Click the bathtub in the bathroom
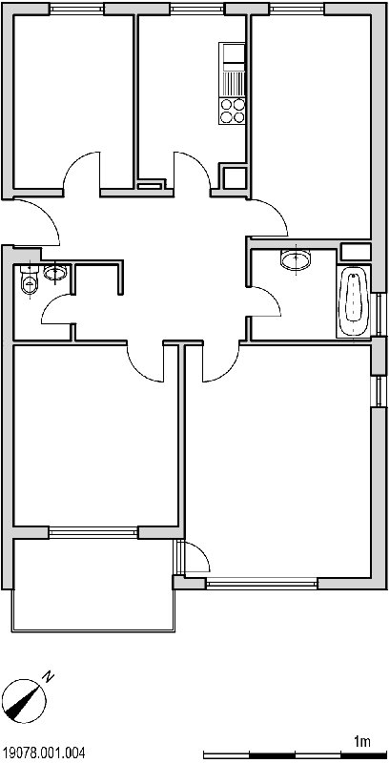[x=354, y=301]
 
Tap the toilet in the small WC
[x=29, y=280]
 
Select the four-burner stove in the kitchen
[x=232, y=111]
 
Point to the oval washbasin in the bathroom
[x=296, y=259]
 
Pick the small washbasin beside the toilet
[x=55, y=272]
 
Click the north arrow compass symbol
[x=23, y=699]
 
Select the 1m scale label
[x=361, y=742]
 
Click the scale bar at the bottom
[x=296, y=754]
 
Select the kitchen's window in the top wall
[x=198, y=9]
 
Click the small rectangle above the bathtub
[x=355, y=251]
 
